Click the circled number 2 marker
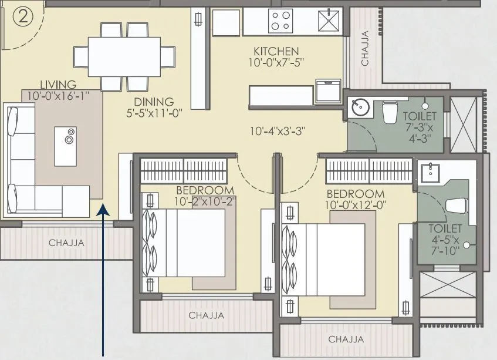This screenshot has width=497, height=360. (23, 16)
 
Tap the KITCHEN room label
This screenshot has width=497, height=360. (276, 51)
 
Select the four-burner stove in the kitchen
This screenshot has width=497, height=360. (281, 22)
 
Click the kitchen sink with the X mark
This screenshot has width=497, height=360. (327, 22)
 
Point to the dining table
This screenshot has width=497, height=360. (123, 52)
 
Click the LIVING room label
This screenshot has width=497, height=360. (58, 85)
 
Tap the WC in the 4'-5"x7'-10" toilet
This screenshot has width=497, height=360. (455, 207)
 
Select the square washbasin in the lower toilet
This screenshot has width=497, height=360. (431, 170)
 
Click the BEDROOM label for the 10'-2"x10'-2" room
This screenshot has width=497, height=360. (205, 190)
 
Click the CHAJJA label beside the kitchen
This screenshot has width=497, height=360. (365, 48)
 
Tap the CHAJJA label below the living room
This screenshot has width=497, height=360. (66, 242)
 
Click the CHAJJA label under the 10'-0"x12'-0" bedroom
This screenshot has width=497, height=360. (346, 339)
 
